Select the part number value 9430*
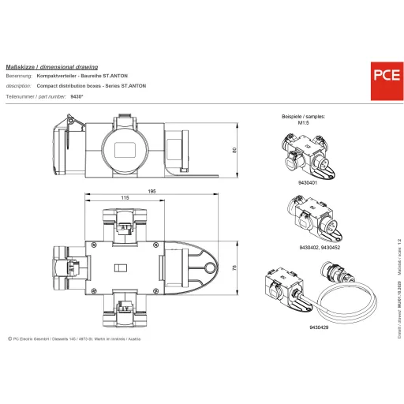click(x=77, y=95)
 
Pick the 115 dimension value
click(x=125, y=199)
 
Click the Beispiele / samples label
click(x=303, y=116)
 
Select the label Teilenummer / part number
click(x=35, y=95)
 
